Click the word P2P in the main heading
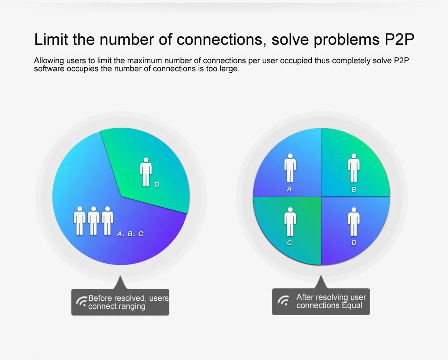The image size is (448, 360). click(x=399, y=39)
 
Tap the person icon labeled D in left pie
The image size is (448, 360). click(x=146, y=172)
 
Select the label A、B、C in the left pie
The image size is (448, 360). click(x=130, y=234)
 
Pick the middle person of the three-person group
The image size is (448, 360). click(x=94, y=221)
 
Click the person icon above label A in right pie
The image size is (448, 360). click(x=290, y=168)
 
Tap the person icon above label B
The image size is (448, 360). click(x=354, y=168)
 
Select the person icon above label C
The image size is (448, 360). click(x=290, y=222)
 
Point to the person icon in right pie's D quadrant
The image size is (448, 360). click(x=354, y=222)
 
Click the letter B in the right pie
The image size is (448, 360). click(x=354, y=189)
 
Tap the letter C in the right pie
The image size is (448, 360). click(x=289, y=243)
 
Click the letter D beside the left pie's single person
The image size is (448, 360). click(x=156, y=185)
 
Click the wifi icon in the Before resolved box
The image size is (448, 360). click(x=82, y=302)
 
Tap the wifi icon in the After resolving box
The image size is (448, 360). click(x=283, y=300)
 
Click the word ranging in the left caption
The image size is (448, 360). click(x=132, y=307)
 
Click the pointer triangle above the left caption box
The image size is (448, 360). click(x=120, y=282)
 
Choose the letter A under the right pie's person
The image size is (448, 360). click(x=289, y=189)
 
